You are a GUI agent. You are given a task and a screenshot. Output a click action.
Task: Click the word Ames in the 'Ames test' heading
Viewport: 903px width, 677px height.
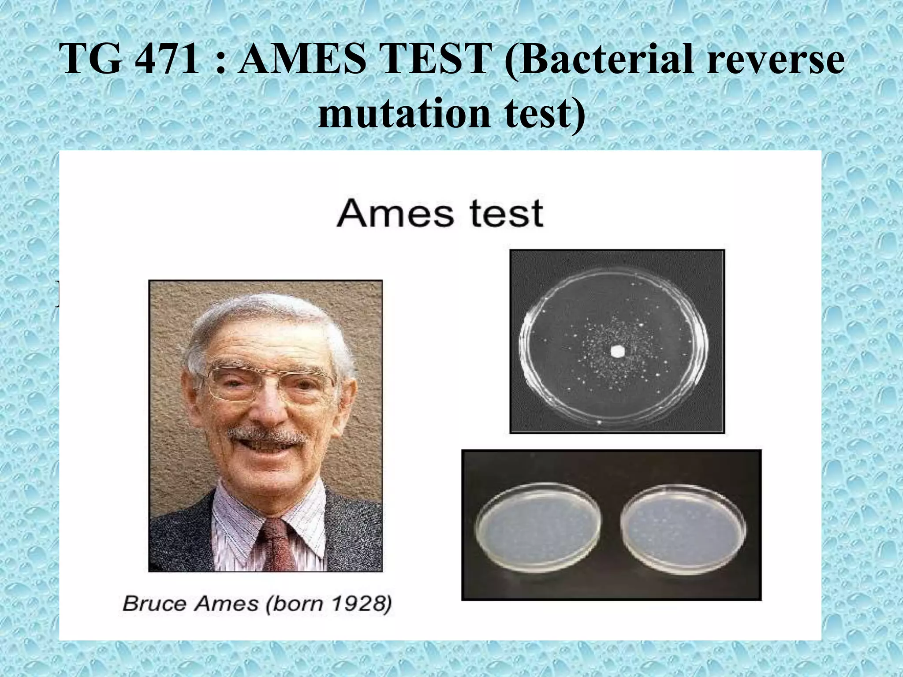point(395,213)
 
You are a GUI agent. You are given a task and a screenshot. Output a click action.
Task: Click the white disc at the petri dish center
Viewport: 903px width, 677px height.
point(617,351)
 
